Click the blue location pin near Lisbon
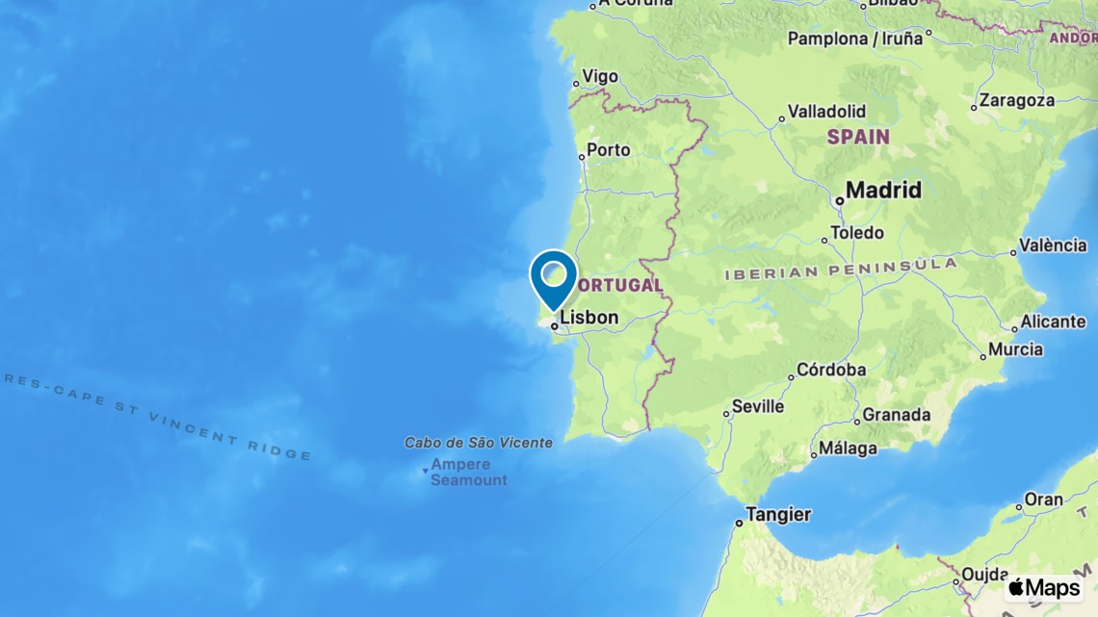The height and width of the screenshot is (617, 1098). [x=554, y=276]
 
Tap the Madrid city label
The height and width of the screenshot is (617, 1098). [x=883, y=191]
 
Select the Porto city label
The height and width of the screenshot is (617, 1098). [x=608, y=150]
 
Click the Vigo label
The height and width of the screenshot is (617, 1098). [x=600, y=77]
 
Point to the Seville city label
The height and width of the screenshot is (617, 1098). [x=757, y=406]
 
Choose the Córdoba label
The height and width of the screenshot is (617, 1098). [x=831, y=370]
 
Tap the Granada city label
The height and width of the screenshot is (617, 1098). [x=896, y=415]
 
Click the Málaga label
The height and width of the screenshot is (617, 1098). [x=848, y=449]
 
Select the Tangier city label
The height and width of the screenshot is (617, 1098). [x=778, y=515]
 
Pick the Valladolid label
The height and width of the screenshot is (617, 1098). [x=826, y=112]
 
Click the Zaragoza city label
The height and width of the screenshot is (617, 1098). [x=1016, y=100]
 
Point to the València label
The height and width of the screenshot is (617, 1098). [x=1053, y=245]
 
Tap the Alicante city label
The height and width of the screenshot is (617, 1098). [x=1053, y=321]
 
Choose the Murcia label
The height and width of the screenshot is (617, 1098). [x=1015, y=349]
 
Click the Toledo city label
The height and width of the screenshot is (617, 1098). [x=857, y=233]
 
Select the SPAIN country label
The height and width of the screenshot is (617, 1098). [x=857, y=137]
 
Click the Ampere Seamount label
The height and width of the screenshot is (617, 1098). [x=468, y=472]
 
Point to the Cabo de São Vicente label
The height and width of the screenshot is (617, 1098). [x=479, y=443]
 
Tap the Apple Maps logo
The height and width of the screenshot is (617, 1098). [x=1044, y=587]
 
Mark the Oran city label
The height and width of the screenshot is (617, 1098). [x=1043, y=500]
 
